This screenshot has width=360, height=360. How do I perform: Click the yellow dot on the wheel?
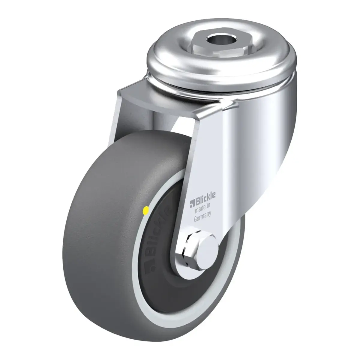[145, 211]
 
